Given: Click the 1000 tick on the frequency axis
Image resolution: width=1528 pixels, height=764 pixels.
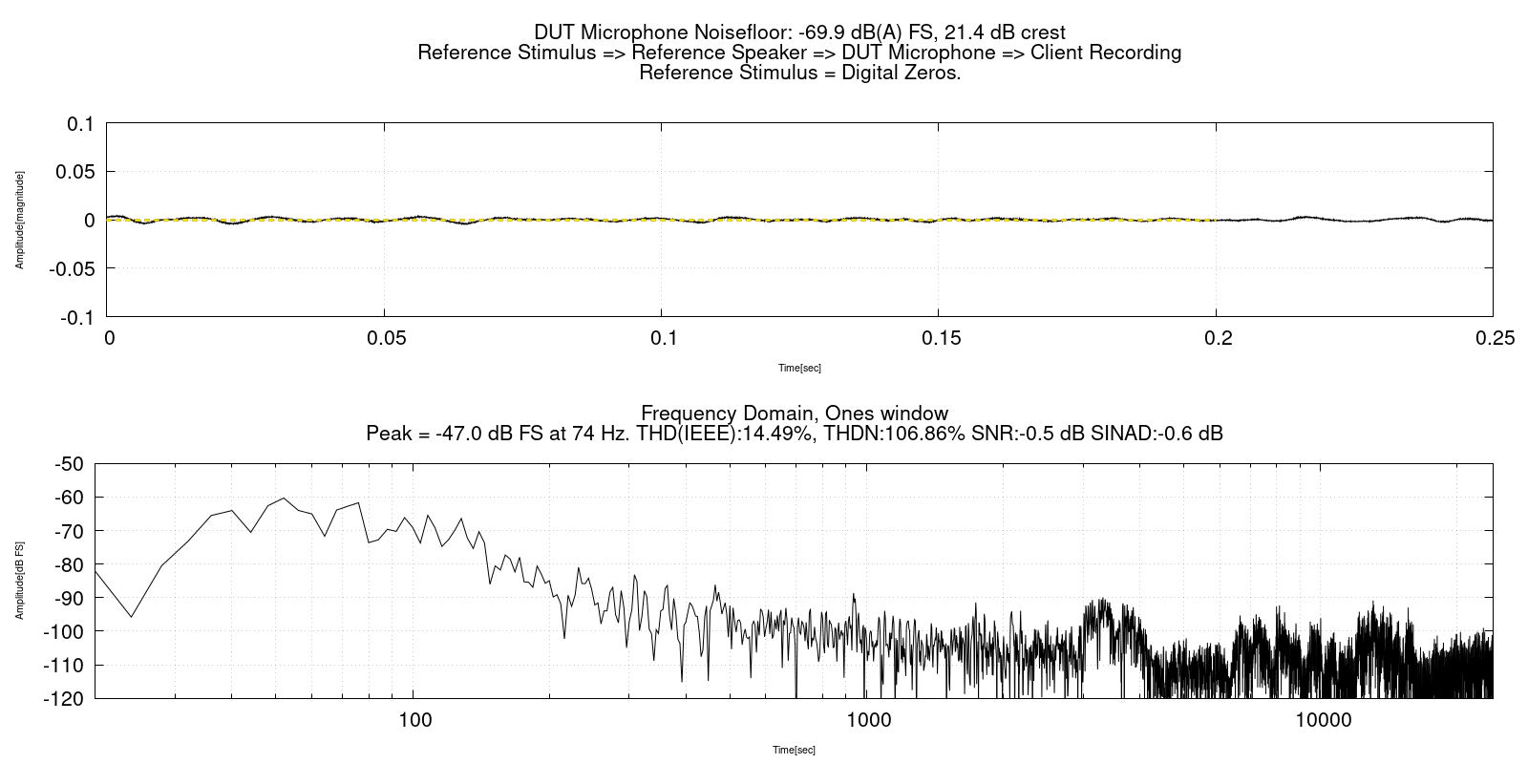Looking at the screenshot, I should (x=868, y=719).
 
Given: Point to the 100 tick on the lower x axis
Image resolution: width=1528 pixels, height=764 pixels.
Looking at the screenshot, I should (x=414, y=719).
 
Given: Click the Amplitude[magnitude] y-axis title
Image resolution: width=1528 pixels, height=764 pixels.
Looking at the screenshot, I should (x=19, y=220).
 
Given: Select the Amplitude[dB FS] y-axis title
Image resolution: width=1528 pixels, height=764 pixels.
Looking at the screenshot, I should (x=19, y=581).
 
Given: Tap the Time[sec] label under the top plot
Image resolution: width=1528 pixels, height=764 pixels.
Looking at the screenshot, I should (x=799, y=368).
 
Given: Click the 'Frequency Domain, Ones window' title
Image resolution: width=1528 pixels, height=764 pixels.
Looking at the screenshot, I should (x=795, y=414).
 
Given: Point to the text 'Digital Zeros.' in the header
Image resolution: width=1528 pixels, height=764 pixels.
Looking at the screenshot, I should (x=901, y=73).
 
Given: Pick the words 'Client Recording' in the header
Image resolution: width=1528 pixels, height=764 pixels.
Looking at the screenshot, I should (x=1106, y=53).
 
